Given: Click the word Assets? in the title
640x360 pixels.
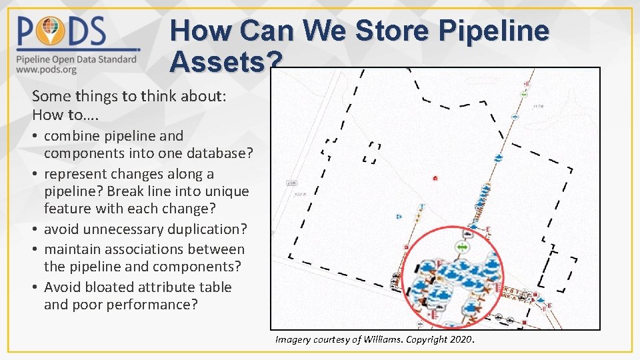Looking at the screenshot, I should point(225,62).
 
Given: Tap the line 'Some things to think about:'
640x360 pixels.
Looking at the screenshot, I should point(129,96).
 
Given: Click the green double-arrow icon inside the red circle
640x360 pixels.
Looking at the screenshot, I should point(463,247).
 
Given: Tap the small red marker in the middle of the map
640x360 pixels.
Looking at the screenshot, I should point(435,178).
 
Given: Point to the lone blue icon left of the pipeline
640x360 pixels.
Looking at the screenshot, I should point(399,217).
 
